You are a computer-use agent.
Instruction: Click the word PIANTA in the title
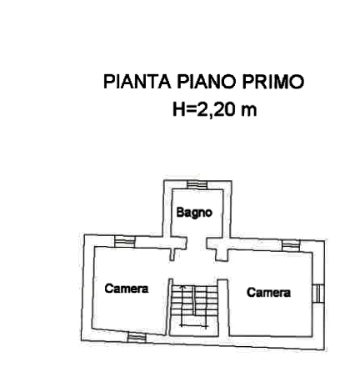click(x=137, y=82)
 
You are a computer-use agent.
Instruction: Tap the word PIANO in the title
click(x=207, y=82)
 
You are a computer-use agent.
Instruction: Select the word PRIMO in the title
click(x=273, y=82)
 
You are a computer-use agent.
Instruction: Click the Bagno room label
click(x=194, y=213)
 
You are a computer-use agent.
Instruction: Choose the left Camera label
click(x=127, y=289)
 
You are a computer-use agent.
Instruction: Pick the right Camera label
click(x=268, y=293)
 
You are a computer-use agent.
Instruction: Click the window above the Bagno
click(x=197, y=184)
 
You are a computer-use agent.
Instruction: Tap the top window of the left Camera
click(x=125, y=241)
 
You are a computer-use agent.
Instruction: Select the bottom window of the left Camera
click(x=137, y=338)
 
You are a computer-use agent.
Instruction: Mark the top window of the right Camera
click(x=291, y=245)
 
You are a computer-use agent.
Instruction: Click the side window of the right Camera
click(x=317, y=293)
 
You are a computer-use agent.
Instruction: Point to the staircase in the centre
click(x=193, y=307)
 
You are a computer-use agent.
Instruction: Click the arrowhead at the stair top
click(x=182, y=287)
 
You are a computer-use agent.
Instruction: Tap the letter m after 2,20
click(x=249, y=111)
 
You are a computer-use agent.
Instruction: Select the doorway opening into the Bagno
click(x=197, y=243)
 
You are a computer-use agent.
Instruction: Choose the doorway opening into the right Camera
click(x=222, y=270)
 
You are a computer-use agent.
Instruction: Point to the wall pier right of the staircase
click(x=222, y=308)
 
